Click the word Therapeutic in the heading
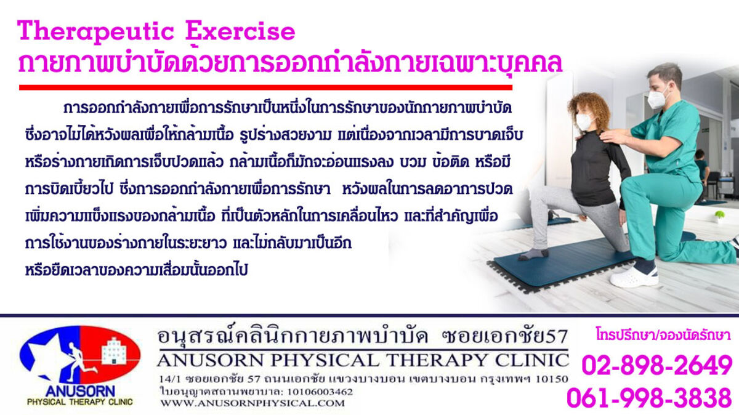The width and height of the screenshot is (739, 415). coord(95,31)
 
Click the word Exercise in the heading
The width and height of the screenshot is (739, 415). coord(240,31)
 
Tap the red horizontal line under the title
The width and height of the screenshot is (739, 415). coord(265,87)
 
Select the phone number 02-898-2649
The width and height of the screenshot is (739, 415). coord(657,365)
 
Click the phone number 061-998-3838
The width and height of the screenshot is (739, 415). coord(649,397)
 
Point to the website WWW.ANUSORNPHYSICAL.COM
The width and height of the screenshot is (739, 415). coord(252,403)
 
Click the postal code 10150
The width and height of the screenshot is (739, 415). coord(552,379)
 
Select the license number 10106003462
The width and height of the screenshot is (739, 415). coord(320,392)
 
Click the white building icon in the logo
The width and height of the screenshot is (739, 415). coord(114,351)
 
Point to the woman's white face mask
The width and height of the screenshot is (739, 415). coord(584,121)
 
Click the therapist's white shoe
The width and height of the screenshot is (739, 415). coord(634,277)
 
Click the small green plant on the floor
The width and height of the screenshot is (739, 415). coord(719,216)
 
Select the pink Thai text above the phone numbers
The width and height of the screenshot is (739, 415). coord(663,334)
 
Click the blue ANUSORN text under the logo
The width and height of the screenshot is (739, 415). coord(80,391)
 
